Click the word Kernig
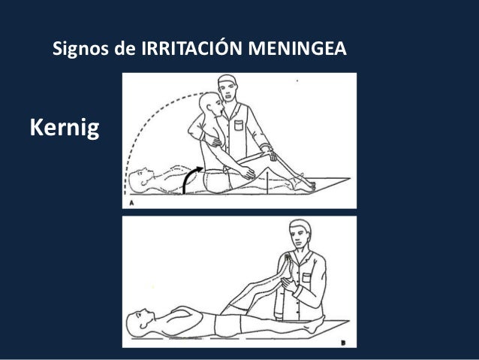tap(65, 128)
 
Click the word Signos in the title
tap(80, 49)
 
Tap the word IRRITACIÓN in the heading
tap(192, 48)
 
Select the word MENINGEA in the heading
tap(297, 48)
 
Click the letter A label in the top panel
tap(131, 203)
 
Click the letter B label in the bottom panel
tap(343, 343)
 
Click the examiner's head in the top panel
tap(227, 88)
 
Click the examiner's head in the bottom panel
tap(300, 234)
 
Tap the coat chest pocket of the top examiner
tap(239, 126)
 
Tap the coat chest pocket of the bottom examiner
tap(306, 277)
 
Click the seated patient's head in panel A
tap(210, 104)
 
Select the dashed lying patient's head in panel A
tap(140, 180)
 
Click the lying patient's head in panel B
tap(140, 322)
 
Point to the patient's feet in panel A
tap(303, 183)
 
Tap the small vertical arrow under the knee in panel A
tap(267, 183)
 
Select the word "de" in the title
tap(125, 49)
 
